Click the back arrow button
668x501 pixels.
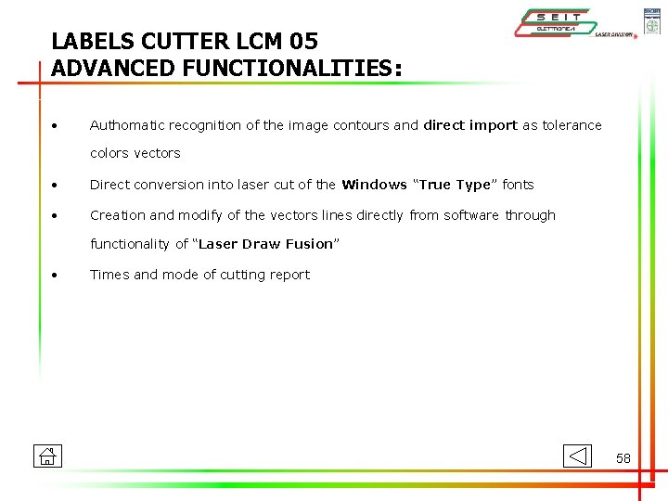pyautogui.click(x=577, y=456)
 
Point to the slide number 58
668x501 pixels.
pyautogui.click(x=623, y=458)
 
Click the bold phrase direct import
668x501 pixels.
pyautogui.click(x=470, y=125)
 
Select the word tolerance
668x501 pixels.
pyautogui.click(x=572, y=125)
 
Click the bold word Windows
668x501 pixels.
pyautogui.click(x=374, y=185)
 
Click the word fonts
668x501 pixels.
pyautogui.click(x=518, y=185)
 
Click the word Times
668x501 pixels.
pyautogui.click(x=109, y=275)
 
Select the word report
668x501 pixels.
pyautogui.click(x=289, y=275)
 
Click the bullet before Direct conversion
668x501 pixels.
pyautogui.click(x=57, y=186)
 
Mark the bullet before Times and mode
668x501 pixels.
pyautogui.click(x=57, y=276)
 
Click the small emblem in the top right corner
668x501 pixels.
pyautogui.click(x=651, y=20)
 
